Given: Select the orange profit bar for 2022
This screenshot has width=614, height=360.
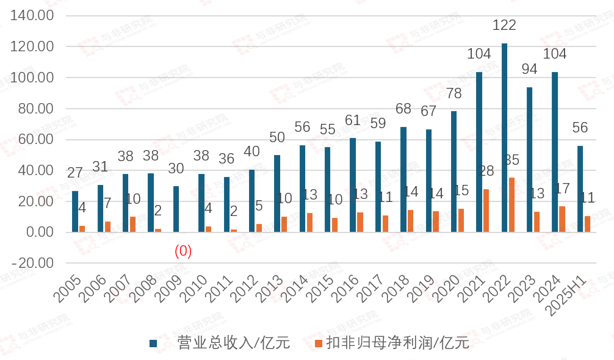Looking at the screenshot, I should pos(511,205).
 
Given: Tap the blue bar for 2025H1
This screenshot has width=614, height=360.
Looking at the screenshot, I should pos(580,189).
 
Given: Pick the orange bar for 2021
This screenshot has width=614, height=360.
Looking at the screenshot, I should pos(486,211).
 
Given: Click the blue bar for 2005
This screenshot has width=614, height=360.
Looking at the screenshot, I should pos(75,211).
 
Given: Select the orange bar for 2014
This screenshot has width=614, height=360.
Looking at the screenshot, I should pos(309,222).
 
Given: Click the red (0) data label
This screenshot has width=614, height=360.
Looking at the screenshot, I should pos(183,251).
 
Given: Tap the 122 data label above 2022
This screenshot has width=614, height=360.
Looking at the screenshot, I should pos(504,25).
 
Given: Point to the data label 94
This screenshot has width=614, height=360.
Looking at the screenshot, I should pos(529,69).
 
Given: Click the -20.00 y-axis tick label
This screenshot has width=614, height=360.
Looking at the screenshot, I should pos(33,263).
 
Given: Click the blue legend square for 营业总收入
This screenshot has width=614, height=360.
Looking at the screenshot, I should pos(154,344).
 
